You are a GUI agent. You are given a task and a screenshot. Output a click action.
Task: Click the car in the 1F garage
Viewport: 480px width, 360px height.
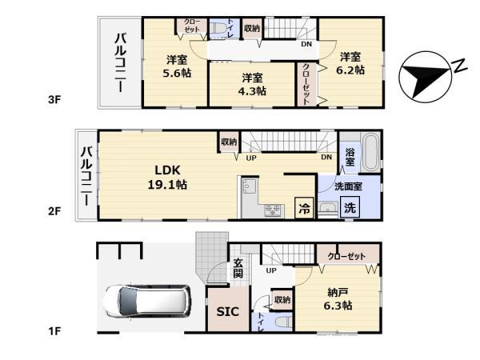click(146, 302)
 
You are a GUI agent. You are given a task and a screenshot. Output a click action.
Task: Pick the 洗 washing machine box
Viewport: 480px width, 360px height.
click(350, 206)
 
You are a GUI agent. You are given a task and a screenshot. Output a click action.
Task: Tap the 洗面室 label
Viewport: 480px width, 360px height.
click(349, 186)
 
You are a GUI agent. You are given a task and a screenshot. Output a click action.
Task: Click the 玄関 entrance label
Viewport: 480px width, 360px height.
click(239, 268)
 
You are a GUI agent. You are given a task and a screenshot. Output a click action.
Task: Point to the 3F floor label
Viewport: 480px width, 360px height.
click(54, 100)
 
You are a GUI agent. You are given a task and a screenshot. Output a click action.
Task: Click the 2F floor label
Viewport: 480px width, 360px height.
click(54, 211)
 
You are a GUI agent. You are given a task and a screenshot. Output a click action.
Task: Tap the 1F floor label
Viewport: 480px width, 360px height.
click(54, 330)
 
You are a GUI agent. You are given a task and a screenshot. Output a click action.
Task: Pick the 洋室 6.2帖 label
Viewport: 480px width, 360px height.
click(350, 63)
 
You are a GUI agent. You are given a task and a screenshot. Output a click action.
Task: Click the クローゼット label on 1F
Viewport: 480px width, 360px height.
click(346, 255)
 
